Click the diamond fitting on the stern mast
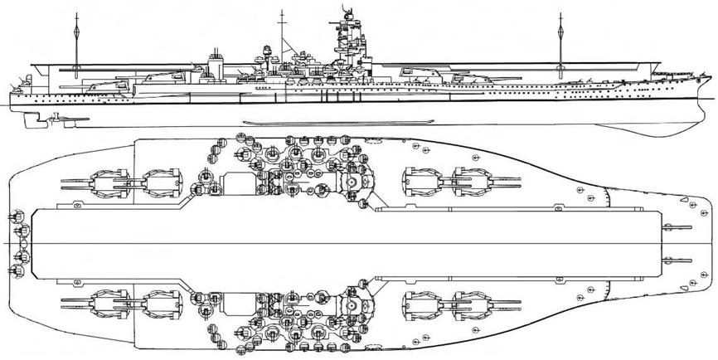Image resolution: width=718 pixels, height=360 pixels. coord(76,34)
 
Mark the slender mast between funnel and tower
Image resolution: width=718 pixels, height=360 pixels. coord(283,33)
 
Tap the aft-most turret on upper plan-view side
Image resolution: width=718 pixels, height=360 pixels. coord(105,179)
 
